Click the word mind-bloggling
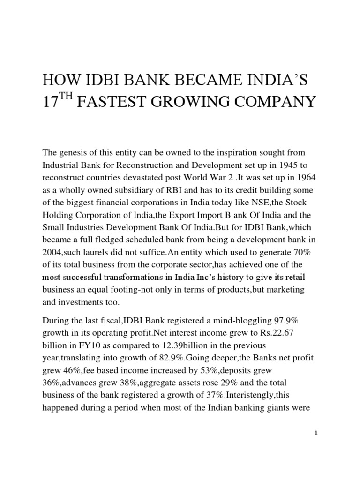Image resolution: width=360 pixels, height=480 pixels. pos(231,308)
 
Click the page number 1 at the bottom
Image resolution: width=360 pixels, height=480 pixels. pos(316,434)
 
